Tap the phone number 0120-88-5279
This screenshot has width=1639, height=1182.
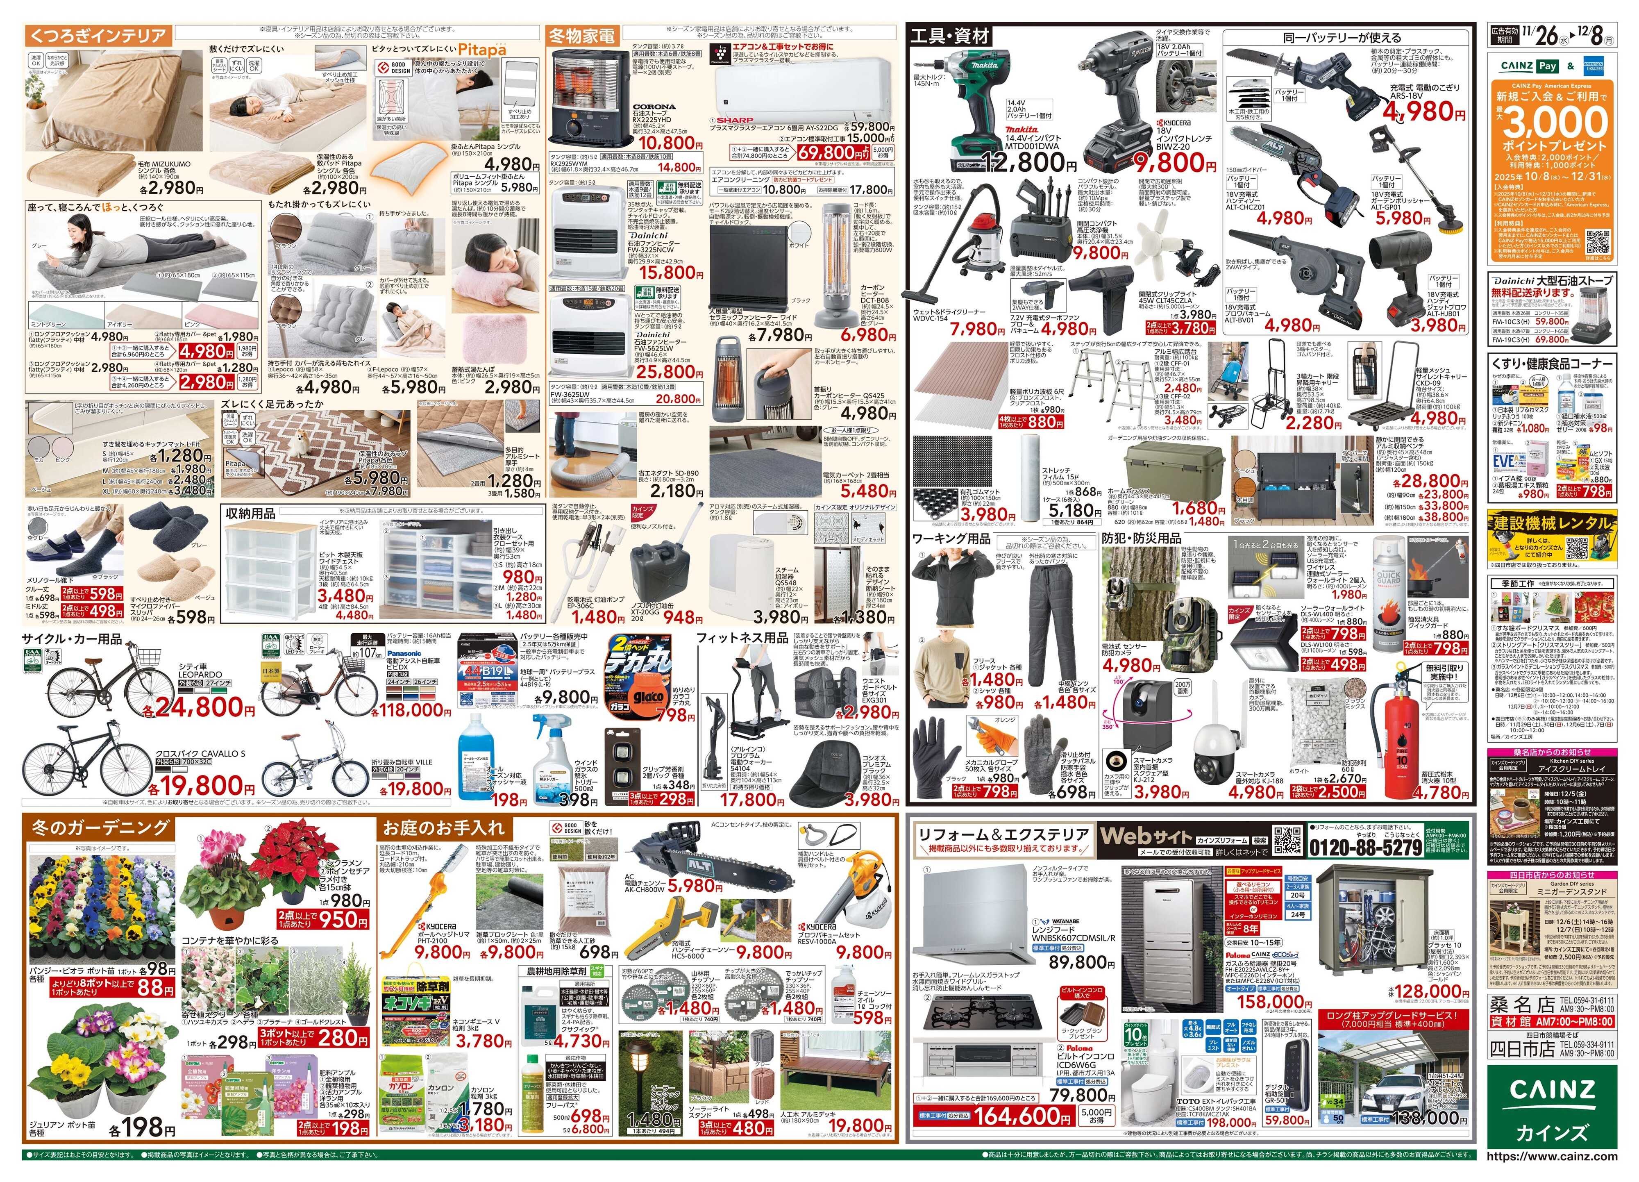(1365, 847)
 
